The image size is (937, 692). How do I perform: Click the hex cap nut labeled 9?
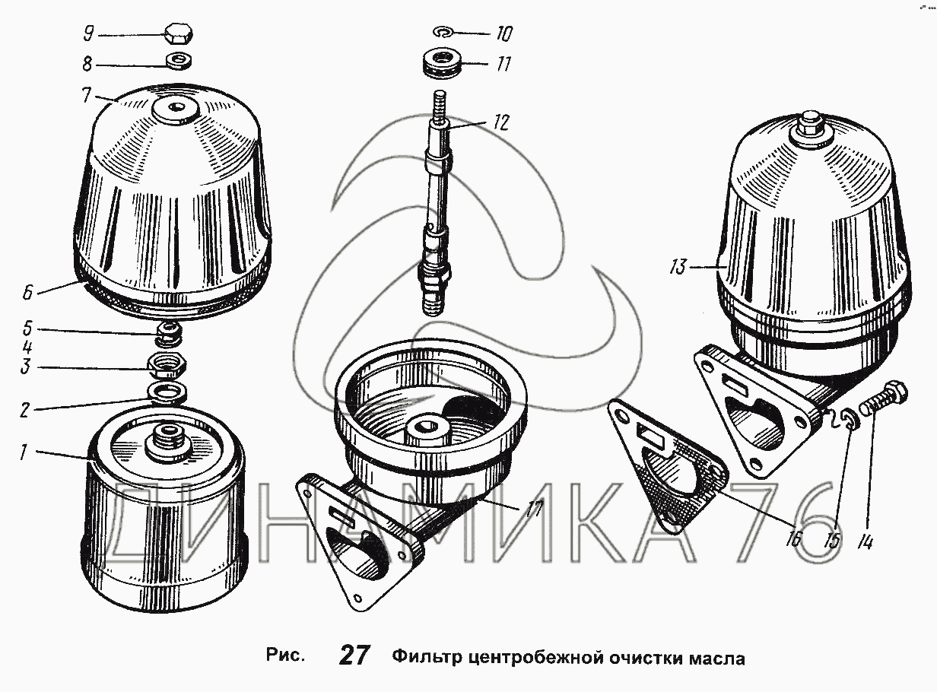[x=178, y=34]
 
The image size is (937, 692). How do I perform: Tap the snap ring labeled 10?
[x=443, y=32]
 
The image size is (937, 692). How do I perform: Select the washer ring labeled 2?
[x=168, y=392]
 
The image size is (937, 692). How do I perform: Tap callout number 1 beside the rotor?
[x=24, y=452]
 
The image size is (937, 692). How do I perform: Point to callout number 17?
[x=534, y=508]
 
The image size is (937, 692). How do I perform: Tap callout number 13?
[x=679, y=267]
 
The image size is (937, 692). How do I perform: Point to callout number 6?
[x=28, y=292]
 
